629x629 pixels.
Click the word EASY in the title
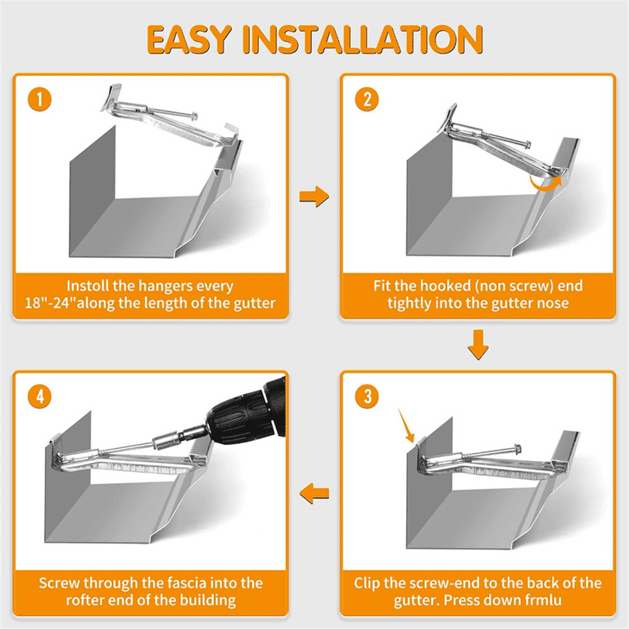(189, 39)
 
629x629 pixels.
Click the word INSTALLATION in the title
(363, 39)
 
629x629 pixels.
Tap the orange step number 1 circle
(39, 99)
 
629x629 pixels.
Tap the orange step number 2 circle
(367, 99)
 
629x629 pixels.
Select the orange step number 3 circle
(367, 396)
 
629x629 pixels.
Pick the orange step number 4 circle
(39, 396)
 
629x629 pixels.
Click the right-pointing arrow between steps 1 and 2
(314, 197)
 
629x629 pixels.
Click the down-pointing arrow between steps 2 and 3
(478, 344)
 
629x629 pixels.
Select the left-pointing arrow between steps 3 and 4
(314, 493)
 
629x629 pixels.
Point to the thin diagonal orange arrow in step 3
(406, 426)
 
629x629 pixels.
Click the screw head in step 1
(195, 117)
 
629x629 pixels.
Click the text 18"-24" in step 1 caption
(51, 303)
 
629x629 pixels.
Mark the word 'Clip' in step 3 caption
(367, 584)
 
